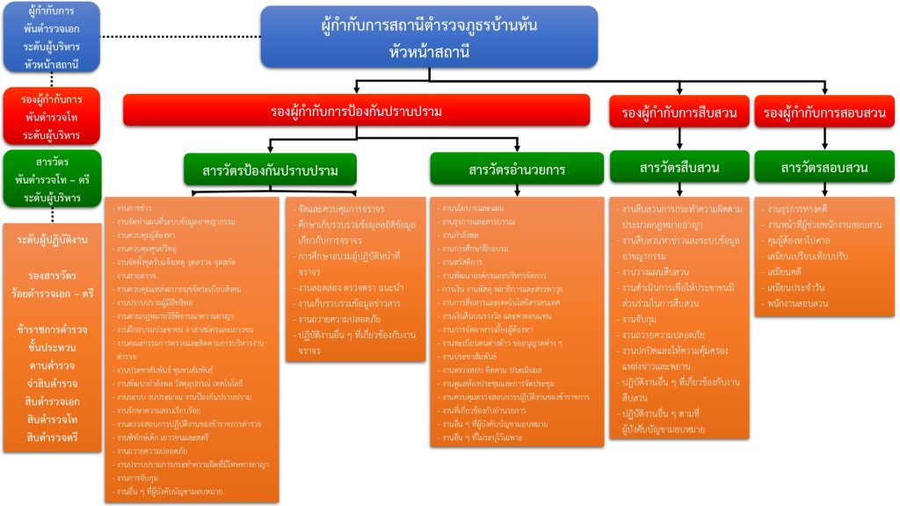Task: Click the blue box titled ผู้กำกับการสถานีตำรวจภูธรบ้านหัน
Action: coord(429,37)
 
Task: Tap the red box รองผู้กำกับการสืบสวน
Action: coord(677,112)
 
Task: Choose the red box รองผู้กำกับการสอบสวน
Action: coord(824,112)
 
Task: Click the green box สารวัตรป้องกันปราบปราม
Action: coord(270,169)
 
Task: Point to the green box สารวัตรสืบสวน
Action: coord(676,167)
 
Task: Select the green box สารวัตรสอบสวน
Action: coord(824,167)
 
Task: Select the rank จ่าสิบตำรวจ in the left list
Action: coord(53,383)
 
